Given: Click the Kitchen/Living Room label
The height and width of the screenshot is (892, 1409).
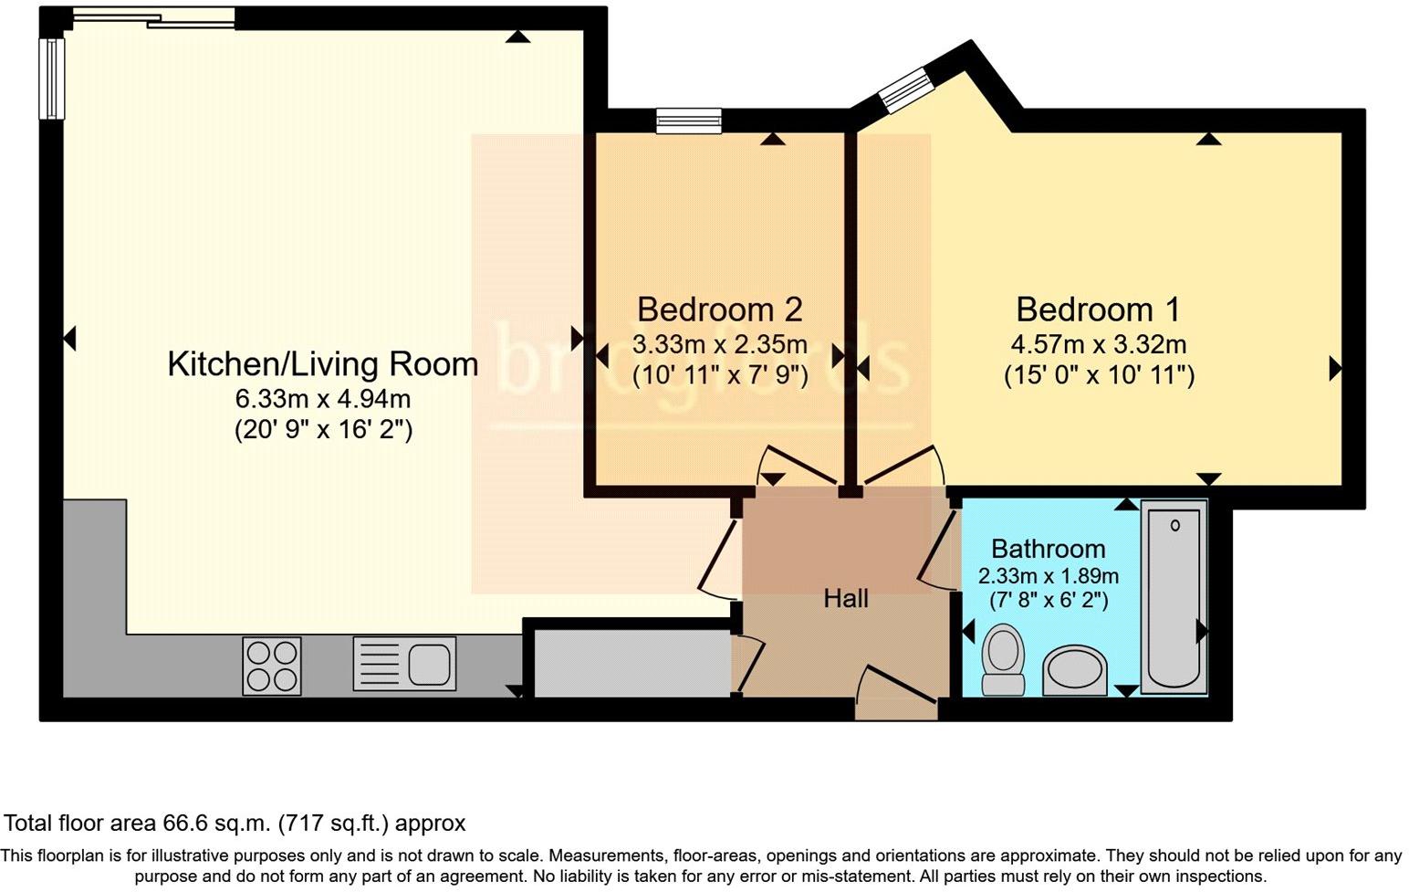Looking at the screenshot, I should click(322, 364).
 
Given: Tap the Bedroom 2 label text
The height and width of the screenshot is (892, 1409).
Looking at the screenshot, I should click(719, 310).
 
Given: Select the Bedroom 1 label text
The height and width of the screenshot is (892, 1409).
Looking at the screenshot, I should click(1098, 310).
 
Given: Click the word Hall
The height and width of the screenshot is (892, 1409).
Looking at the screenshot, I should click(845, 599).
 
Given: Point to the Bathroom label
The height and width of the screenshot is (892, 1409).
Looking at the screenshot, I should click(1048, 549).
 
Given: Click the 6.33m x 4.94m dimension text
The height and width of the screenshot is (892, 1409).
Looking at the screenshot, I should click(322, 399).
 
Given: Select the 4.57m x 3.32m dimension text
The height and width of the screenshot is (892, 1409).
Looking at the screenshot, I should click(1098, 345).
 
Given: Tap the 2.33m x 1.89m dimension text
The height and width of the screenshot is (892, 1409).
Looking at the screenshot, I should click(1048, 576).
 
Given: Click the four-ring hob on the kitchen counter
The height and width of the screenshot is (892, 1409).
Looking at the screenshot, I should click(272, 666).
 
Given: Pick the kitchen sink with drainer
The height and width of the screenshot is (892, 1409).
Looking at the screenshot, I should click(404, 664).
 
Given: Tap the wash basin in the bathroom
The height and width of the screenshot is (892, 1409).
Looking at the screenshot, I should click(1074, 671).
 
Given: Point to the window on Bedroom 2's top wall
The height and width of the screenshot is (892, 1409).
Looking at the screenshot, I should click(688, 121).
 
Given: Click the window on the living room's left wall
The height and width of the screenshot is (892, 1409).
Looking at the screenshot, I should click(52, 78).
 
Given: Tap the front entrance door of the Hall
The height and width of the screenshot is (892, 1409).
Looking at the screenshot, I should click(896, 692).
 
